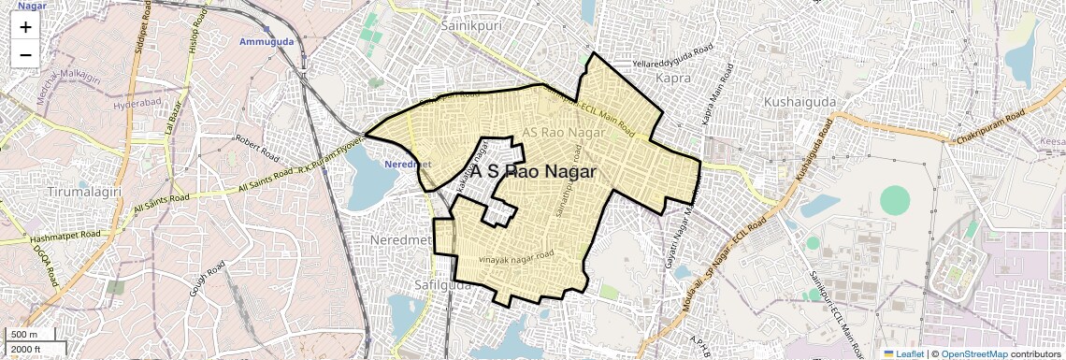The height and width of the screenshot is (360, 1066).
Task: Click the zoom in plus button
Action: point(25,27)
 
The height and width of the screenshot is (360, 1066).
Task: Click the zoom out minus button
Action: point(25,54)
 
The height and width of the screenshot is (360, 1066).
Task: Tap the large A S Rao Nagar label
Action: point(533,172)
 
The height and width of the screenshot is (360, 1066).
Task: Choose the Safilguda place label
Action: point(443,281)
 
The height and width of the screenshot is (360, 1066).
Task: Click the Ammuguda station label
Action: point(266,42)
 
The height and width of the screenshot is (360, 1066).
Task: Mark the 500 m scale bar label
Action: point(23,334)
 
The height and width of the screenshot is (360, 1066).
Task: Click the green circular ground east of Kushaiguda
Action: point(895,200)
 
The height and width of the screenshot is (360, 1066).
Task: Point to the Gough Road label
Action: point(208,280)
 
